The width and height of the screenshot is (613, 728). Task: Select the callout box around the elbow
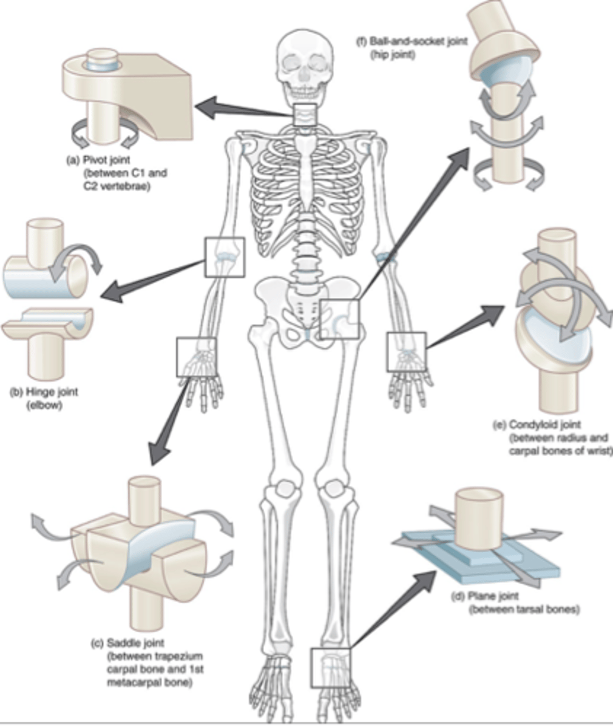(225, 257)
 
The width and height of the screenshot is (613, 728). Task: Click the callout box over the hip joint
(340, 319)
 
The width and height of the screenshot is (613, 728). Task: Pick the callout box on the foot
(330, 667)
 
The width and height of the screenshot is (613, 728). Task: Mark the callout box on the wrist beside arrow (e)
(406, 352)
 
